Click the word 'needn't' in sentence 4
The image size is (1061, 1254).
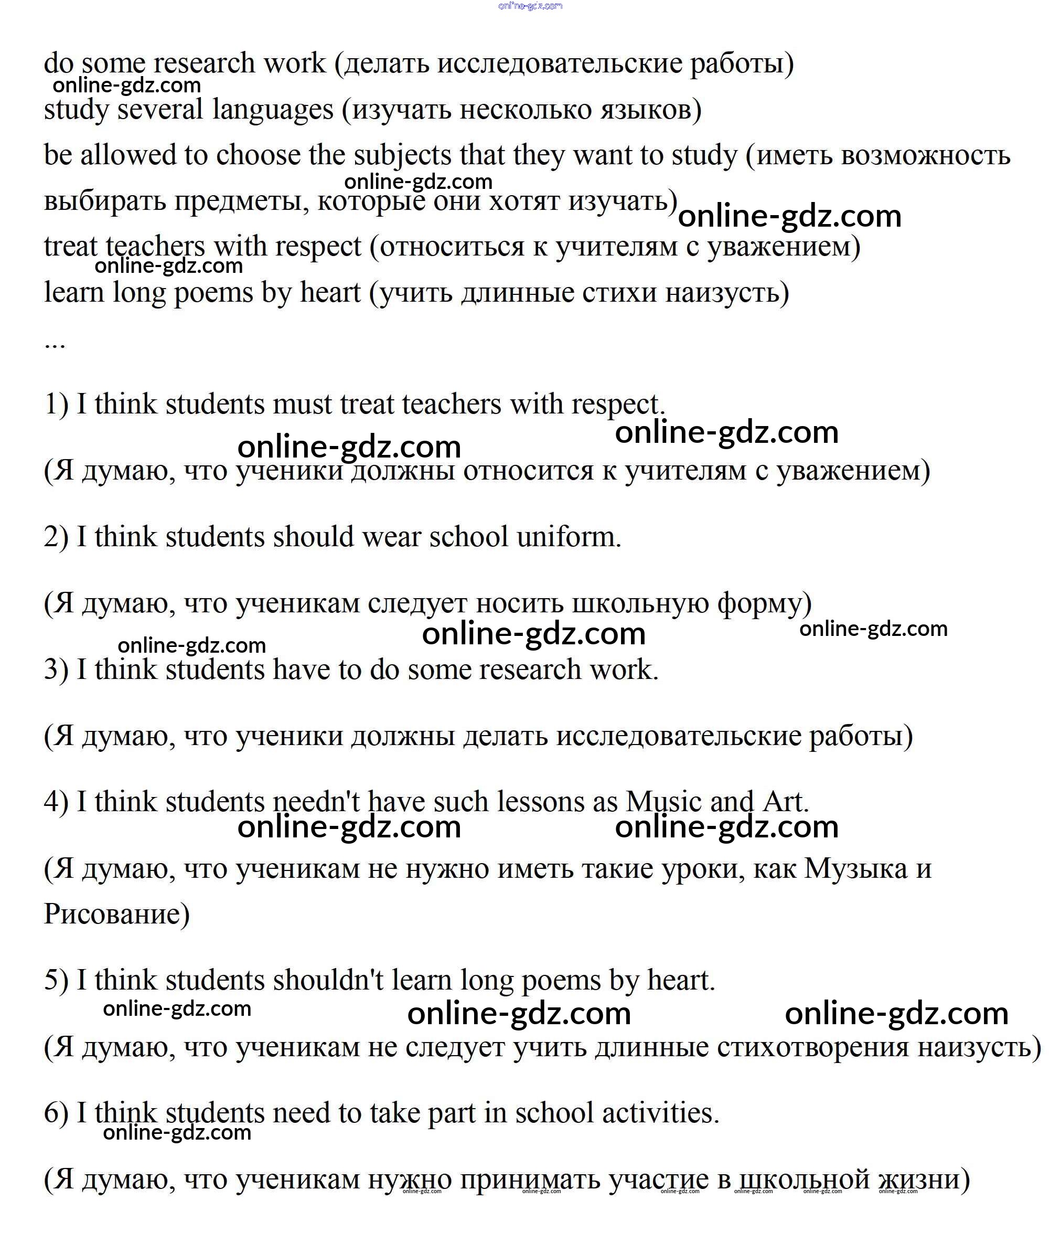(316, 802)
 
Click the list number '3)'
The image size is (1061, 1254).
(56, 669)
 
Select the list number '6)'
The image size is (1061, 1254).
(56, 1112)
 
